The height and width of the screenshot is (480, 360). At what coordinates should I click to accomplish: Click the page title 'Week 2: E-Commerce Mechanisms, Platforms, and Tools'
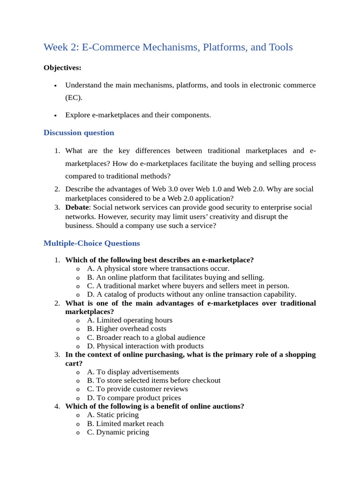click(x=168, y=47)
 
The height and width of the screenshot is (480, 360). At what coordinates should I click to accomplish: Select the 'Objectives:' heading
click(x=62, y=68)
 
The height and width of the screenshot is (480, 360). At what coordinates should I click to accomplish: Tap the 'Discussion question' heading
click(x=79, y=133)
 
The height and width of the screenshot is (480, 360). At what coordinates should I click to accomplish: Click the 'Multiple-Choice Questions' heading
click(x=91, y=243)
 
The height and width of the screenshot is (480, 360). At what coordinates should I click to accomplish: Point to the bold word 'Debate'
click(x=77, y=207)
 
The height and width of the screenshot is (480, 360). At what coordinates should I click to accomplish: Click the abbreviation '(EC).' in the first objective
click(x=74, y=97)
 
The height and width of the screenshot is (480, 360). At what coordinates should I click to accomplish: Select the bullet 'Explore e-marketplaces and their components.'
click(x=138, y=115)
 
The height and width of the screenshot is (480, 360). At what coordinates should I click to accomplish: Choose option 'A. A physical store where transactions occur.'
click(x=158, y=269)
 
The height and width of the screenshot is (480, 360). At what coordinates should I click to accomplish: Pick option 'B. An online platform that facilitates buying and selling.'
click(x=175, y=277)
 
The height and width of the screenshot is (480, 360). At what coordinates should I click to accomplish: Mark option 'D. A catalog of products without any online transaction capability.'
click(x=191, y=294)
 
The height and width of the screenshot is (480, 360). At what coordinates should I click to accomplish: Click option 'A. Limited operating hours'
click(x=129, y=320)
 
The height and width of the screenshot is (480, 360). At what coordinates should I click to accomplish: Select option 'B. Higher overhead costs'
click(x=127, y=329)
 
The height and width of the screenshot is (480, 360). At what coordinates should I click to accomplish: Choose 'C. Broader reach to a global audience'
click(x=146, y=337)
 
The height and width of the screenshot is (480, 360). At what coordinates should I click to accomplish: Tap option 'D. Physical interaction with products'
click(x=145, y=346)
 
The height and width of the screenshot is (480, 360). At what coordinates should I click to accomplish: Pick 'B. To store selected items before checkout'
click(x=153, y=380)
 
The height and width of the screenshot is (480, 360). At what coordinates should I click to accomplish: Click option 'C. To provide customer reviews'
click(x=137, y=389)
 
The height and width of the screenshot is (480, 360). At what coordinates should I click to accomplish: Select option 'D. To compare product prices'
click(x=134, y=397)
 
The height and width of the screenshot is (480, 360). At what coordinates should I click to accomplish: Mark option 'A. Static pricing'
click(x=112, y=415)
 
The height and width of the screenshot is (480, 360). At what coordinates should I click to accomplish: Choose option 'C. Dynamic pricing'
click(x=118, y=432)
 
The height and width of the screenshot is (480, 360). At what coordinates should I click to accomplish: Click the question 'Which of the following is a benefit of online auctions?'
click(x=155, y=406)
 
